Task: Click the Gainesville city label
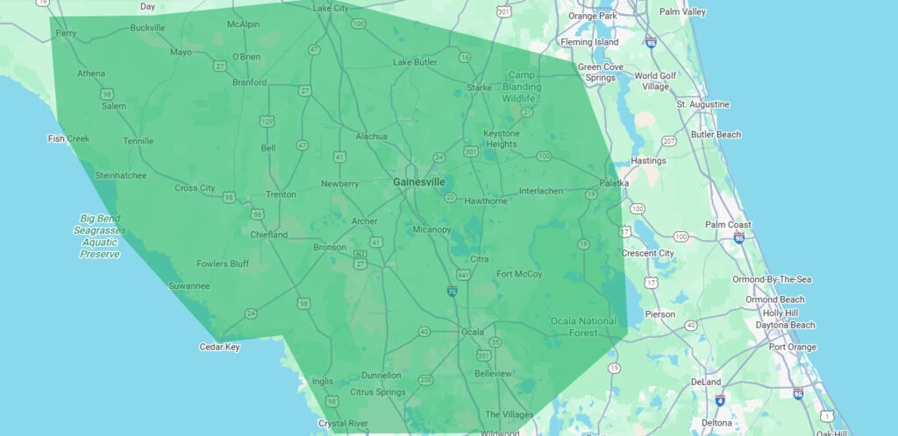[418, 182]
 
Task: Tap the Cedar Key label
[219, 347]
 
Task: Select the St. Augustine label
[702, 104]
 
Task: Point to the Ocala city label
[473, 332]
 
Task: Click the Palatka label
[614, 183]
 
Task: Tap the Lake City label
[331, 8]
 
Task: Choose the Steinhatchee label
[121, 175]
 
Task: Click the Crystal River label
[342, 423]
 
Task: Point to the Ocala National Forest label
[583, 327]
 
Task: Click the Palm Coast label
[728, 224]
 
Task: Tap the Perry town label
[66, 33]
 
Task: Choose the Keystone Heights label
[502, 138]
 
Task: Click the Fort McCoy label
[519, 274]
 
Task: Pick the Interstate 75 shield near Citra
[452, 291]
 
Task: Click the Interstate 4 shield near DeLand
[720, 400]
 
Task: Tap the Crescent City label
[647, 253]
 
